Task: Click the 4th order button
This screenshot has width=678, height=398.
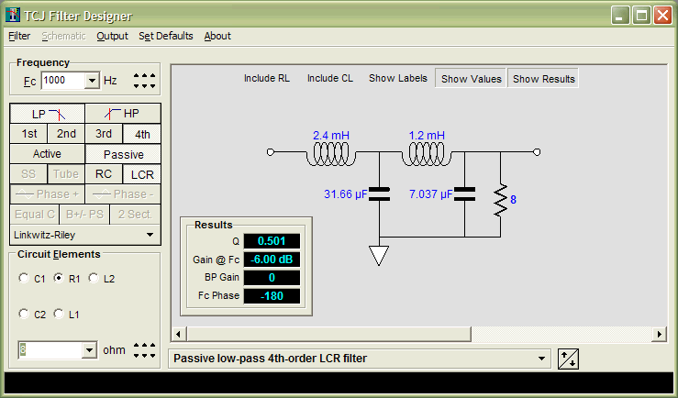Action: [x=142, y=134]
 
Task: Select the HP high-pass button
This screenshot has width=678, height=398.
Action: [x=123, y=114]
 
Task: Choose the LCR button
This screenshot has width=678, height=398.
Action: [x=142, y=174]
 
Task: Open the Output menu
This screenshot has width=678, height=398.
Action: [x=113, y=36]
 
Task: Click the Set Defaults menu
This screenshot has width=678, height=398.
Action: [x=166, y=36]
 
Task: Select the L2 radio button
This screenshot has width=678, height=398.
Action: [x=94, y=278]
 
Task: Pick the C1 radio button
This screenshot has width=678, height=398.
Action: [x=24, y=278]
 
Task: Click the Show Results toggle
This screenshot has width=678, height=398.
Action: [x=543, y=79]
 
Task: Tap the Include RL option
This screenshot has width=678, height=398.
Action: [x=267, y=78]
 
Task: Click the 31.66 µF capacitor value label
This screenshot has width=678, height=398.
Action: [x=345, y=194]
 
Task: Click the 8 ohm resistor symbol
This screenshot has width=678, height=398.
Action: [x=501, y=200]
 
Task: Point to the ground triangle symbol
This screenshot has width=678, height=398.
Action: [x=379, y=255]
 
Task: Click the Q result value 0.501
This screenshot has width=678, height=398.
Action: [x=272, y=241]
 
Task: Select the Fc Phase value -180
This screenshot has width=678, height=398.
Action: [x=272, y=296]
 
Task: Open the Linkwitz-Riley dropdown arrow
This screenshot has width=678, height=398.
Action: [x=150, y=235]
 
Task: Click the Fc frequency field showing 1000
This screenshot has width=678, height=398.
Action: [x=62, y=81]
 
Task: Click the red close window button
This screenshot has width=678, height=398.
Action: [x=662, y=16]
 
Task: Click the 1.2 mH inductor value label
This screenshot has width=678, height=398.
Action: [x=427, y=136]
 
